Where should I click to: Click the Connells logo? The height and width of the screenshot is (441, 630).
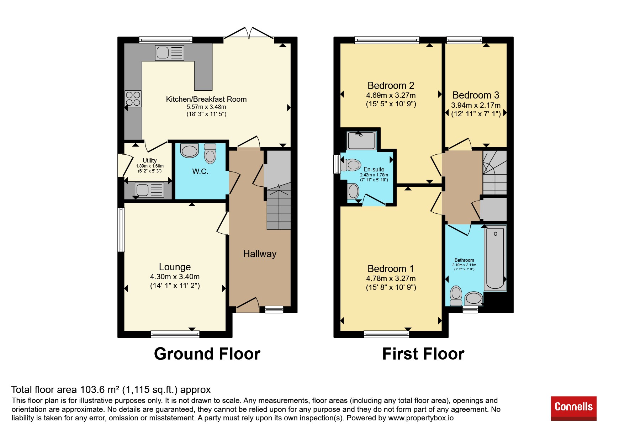click(x=573, y=408)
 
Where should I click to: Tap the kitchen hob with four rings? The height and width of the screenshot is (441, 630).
click(x=133, y=99)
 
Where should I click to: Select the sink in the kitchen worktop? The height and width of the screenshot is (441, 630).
click(x=170, y=53)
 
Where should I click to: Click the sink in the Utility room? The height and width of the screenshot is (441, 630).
click(x=149, y=190)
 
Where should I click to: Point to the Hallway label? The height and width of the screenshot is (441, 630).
click(x=260, y=254)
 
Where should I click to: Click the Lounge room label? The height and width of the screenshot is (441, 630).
click(x=175, y=267)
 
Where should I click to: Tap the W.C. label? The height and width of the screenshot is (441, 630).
click(x=200, y=171)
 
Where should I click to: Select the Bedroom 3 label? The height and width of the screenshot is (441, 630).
click(x=476, y=95)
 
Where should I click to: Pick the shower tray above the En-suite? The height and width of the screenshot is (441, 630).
click(x=361, y=140)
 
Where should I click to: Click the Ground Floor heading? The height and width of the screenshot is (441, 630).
click(x=207, y=354)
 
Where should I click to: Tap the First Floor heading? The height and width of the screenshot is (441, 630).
click(x=423, y=354)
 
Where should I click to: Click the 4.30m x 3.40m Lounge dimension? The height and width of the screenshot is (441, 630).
click(x=175, y=277)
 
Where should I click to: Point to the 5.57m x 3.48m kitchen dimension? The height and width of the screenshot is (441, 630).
click(x=206, y=107)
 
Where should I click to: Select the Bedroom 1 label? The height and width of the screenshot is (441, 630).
click(x=391, y=269)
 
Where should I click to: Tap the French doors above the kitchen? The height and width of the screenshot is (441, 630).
click(x=249, y=32)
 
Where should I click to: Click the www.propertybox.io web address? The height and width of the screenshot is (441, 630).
click(x=421, y=418)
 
